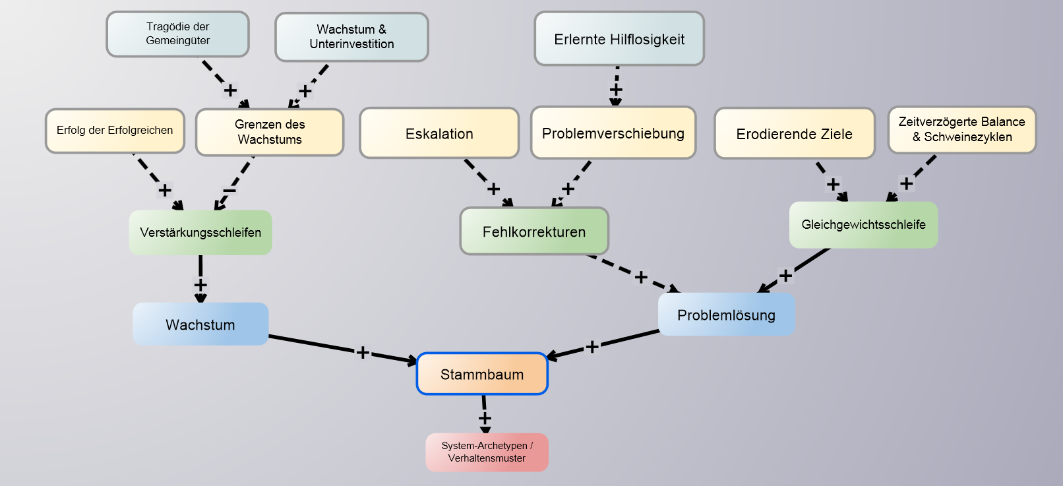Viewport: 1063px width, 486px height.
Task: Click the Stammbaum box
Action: tap(482, 374)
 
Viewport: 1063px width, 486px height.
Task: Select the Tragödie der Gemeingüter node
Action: tap(177, 34)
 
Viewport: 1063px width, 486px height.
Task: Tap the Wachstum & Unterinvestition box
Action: tap(351, 37)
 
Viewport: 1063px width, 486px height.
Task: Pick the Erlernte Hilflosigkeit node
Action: tap(619, 39)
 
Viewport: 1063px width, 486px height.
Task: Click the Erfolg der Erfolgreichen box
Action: tap(115, 131)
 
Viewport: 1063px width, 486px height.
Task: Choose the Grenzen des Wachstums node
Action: tap(270, 132)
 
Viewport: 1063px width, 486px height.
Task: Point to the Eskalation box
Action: tap(439, 133)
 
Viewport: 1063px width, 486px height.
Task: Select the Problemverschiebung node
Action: tap(613, 133)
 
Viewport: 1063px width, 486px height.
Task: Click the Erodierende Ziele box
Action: tap(794, 134)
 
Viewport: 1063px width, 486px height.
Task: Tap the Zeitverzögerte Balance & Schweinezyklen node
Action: tap(961, 129)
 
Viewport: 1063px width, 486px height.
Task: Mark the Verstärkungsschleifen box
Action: tap(200, 232)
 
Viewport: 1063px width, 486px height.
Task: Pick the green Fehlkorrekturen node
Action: tap(534, 231)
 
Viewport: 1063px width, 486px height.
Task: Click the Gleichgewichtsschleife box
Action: tap(863, 225)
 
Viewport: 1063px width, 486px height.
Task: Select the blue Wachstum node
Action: tap(200, 324)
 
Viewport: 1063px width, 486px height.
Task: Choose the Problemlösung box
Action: tap(726, 315)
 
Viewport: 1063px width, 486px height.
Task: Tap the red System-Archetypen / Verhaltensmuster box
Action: tap(487, 452)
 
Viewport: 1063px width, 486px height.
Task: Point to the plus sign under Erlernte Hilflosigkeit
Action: tap(616, 89)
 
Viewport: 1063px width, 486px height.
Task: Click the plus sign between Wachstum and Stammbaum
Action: tap(363, 352)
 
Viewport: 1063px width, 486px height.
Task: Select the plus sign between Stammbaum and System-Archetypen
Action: tap(485, 418)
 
